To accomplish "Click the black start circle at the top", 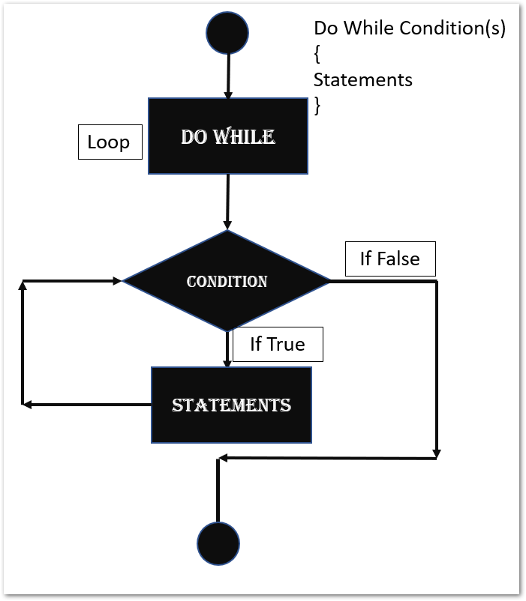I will (x=227, y=33).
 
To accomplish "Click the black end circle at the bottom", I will (x=218, y=543).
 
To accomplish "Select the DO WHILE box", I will (x=228, y=136).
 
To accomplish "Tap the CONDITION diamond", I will (x=227, y=281).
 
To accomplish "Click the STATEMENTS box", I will (x=231, y=405).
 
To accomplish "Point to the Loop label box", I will (x=110, y=142).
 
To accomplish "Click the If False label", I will (x=389, y=259).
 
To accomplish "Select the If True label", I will (x=278, y=345).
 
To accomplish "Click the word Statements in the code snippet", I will (x=362, y=79).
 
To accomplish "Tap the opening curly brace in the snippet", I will (x=317, y=55).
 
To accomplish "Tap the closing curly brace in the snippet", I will (x=317, y=106).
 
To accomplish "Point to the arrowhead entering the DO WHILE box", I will (x=228, y=94).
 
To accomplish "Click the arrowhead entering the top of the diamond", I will (x=227, y=225).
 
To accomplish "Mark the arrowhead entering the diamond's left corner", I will (x=116, y=281).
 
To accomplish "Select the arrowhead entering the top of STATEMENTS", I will (x=227, y=363).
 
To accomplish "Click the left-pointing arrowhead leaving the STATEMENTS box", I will (x=27, y=405).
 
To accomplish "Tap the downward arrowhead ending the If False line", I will (x=437, y=453).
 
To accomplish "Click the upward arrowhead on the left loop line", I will (x=23, y=286).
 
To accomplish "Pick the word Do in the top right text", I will (x=326, y=28).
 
